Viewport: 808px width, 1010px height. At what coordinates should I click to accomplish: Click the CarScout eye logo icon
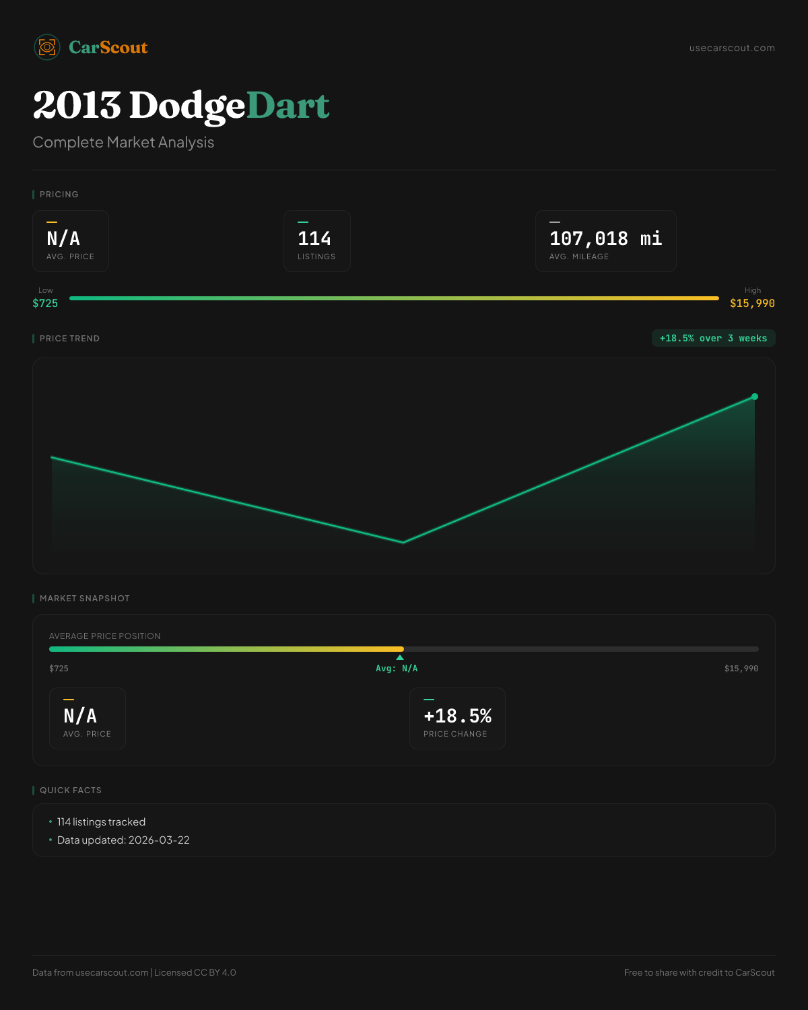(x=47, y=47)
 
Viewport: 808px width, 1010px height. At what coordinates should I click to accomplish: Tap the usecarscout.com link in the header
(x=732, y=48)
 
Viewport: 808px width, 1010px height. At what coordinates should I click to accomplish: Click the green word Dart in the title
(x=288, y=106)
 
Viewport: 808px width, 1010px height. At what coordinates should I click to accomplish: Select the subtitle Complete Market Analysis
(x=123, y=142)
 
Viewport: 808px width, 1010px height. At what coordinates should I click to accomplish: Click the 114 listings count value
(x=314, y=239)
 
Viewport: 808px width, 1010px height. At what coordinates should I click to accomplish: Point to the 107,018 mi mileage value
(x=605, y=239)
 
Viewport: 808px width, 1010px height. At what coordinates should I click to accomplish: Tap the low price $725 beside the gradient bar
(x=45, y=303)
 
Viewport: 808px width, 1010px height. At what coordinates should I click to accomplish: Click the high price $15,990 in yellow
(x=752, y=303)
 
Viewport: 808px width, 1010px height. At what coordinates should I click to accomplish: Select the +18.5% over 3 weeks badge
(x=713, y=338)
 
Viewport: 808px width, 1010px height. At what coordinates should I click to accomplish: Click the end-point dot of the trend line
(x=755, y=397)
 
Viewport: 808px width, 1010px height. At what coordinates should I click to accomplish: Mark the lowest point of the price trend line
(x=403, y=542)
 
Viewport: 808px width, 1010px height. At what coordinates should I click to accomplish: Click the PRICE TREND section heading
(x=69, y=339)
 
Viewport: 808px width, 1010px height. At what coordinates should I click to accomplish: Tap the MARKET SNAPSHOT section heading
(x=84, y=599)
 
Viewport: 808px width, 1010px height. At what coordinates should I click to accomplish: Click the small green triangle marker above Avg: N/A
(x=400, y=657)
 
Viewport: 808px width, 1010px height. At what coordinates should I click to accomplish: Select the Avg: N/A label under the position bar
(x=397, y=669)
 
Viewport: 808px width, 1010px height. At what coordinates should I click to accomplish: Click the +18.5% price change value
(x=457, y=716)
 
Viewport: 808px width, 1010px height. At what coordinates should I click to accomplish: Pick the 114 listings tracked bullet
(x=101, y=822)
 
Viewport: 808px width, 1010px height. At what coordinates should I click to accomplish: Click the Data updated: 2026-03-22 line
(x=123, y=840)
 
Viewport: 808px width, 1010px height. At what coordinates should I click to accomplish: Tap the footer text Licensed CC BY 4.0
(x=195, y=972)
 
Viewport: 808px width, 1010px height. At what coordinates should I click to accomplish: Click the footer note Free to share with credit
(x=699, y=972)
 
